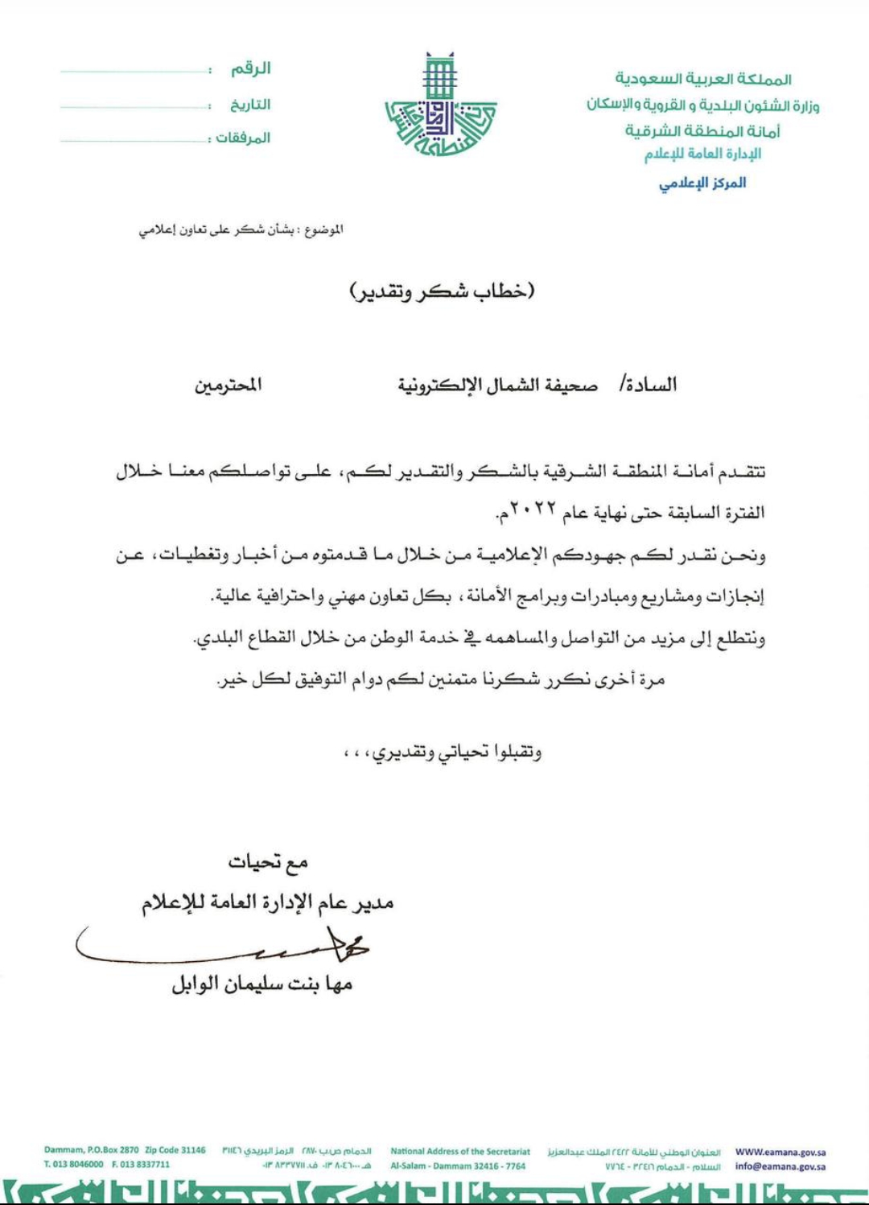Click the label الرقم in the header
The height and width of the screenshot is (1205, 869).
point(251,69)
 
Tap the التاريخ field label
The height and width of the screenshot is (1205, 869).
point(250,105)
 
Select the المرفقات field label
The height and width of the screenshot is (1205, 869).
point(243,138)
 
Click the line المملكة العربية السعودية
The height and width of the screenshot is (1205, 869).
point(702,79)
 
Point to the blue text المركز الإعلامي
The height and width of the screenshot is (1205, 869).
point(702,183)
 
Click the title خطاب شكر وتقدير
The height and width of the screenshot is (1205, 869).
point(442,291)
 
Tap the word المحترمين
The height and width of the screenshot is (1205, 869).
point(228,386)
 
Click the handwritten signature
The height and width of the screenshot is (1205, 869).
point(233,947)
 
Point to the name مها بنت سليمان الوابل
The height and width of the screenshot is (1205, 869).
point(262,984)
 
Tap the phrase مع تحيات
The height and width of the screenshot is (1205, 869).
point(268,863)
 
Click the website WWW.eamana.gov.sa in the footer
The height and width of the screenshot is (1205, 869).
point(780,1152)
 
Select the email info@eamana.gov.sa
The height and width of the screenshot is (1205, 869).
point(780,1166)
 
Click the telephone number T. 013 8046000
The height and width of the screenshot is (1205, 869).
point(74,1164)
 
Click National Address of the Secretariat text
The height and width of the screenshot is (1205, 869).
point(460,1151)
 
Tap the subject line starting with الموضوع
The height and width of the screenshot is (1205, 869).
point(241,230)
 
